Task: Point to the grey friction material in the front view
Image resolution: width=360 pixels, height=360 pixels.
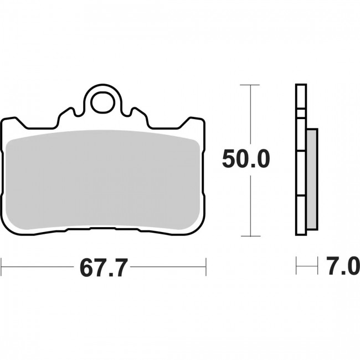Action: [104, 180]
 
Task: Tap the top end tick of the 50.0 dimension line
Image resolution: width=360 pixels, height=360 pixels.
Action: [250, 85]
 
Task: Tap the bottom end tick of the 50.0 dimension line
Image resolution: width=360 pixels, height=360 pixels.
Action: [250, 236]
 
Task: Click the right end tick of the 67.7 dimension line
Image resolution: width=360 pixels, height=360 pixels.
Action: [206, 266]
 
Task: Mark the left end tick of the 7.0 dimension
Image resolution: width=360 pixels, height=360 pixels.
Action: [296, 266]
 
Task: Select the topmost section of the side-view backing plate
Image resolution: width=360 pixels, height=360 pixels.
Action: [300, 97]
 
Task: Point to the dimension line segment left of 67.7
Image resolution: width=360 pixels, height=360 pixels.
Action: [39, 266]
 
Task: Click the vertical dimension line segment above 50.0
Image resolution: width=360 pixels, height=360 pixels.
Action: [250, 116]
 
